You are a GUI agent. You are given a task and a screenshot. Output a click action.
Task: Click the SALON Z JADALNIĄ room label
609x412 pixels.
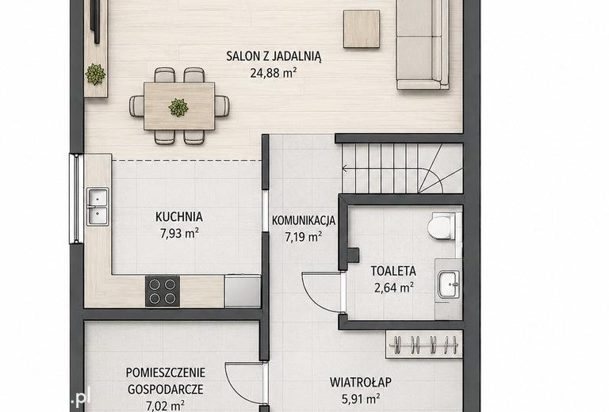pos(274,56)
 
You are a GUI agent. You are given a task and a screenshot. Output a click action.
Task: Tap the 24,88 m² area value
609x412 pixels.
pos(274,73)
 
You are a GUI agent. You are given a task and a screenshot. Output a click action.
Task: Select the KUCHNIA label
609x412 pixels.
pos(179,216)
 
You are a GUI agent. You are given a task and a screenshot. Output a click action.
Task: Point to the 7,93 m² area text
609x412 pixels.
pos(179,233)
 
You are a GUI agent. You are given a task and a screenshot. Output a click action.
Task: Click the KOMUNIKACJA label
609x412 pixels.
pos(304,220)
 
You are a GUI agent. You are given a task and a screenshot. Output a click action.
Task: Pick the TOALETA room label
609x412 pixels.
pos(393,271)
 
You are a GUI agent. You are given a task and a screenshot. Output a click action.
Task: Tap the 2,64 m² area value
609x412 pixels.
pos(393,288)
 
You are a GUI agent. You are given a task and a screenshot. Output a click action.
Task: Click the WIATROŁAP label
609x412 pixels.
pos(361,382)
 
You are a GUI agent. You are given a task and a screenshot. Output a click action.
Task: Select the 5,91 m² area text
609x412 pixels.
pos(361,399)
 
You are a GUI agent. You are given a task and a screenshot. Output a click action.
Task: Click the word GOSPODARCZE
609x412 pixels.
pos(166,389)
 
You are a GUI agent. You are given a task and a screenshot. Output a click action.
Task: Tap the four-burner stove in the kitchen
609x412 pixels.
pos(163,291)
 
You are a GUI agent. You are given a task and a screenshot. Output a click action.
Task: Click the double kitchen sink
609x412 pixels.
pos(98,206)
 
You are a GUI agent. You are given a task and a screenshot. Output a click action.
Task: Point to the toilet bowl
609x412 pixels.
pos(442,226)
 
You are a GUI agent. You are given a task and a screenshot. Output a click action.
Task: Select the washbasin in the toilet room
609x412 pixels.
pos(449,284)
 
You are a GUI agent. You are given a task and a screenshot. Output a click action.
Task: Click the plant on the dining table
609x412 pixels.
pos(178,107)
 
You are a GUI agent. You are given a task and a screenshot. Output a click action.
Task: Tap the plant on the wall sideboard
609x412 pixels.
pos(95,74)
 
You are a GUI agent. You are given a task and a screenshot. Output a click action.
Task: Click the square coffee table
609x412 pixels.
pos(362,29)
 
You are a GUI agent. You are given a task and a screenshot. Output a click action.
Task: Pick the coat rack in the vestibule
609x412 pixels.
pos(424,345)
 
